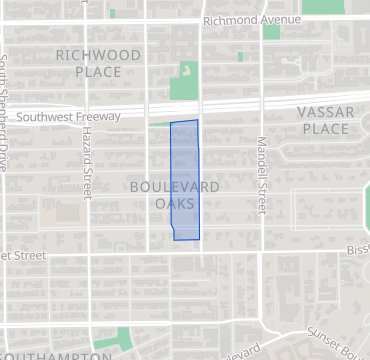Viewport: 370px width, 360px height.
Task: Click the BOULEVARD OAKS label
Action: coord(175,195)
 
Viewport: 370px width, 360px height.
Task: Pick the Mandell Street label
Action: coord(261,175)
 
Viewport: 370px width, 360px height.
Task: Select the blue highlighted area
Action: coord(185,180)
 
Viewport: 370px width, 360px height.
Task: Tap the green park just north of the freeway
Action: coord(184,82)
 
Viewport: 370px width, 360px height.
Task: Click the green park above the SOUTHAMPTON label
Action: coord(123,338)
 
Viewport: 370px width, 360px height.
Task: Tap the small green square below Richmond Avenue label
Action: coord(271,32)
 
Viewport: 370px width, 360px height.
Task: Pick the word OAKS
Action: coord(175,204)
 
